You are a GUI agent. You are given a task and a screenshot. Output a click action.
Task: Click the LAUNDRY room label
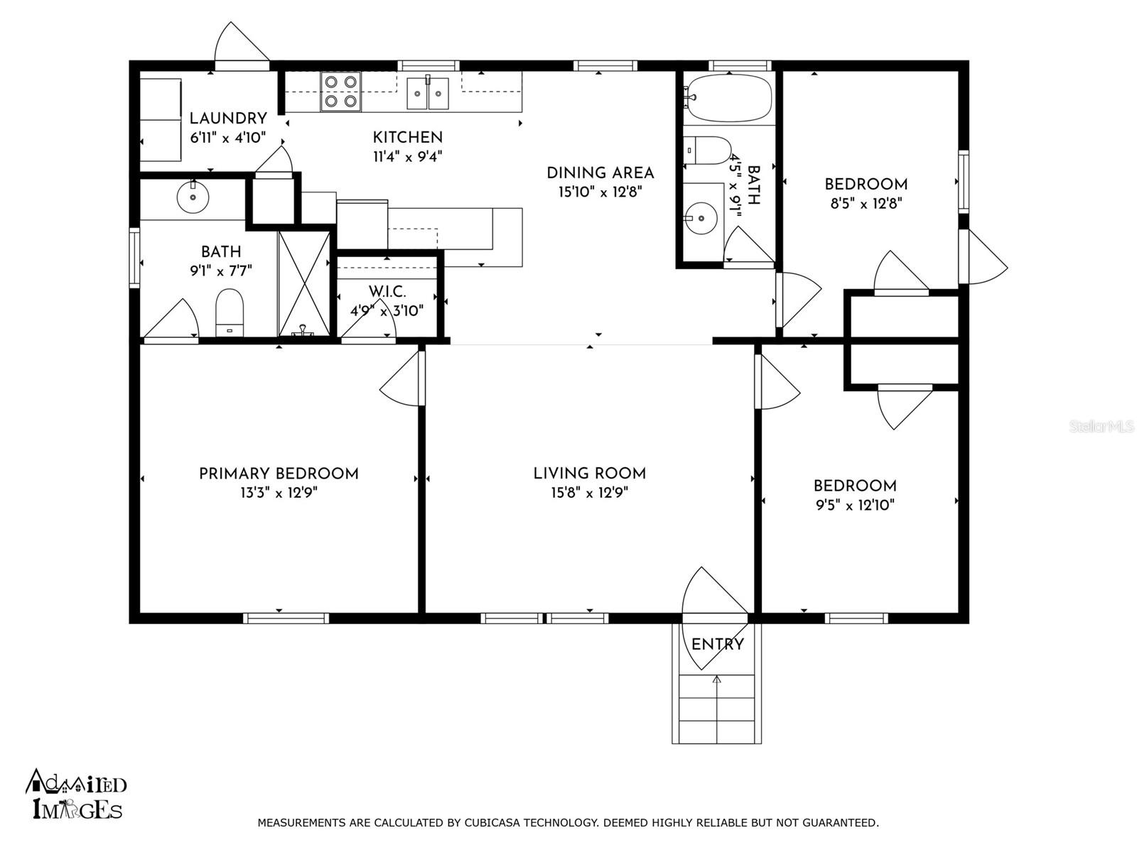(x=228, y=119)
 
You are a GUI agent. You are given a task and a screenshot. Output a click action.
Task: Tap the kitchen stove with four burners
(x=341, y=92)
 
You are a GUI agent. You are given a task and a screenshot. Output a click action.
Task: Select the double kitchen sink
(x=427, y=93)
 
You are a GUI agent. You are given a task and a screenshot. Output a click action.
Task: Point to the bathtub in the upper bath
(x=728, y=98)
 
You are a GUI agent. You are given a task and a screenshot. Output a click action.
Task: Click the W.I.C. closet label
(x=387, y=292)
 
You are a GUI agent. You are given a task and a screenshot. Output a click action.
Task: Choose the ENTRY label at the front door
(x=718, y=645)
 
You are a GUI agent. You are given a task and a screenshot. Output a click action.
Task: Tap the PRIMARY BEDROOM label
(x=279, y=474)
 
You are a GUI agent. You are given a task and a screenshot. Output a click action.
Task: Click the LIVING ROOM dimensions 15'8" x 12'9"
(x=590, y=493)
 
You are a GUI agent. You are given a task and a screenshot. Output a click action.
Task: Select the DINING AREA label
(x=600, y=173)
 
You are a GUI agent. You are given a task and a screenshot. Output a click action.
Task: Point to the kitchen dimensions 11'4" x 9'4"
(x=408, y=156)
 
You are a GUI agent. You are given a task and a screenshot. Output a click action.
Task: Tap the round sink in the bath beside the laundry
(x=193, y=197)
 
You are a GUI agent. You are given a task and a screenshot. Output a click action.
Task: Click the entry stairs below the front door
(x=717, y=709)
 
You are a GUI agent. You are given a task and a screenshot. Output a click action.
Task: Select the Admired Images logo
(x=75, y=794)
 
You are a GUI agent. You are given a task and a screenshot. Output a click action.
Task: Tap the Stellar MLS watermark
(x=1101, y=427)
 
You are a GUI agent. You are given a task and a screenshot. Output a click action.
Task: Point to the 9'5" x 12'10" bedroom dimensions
(x=855, y=505)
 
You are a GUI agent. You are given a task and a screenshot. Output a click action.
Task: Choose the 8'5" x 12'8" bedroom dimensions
(x=866, y=203)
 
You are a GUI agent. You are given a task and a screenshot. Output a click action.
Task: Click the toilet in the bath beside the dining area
(x=707, y=150)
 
